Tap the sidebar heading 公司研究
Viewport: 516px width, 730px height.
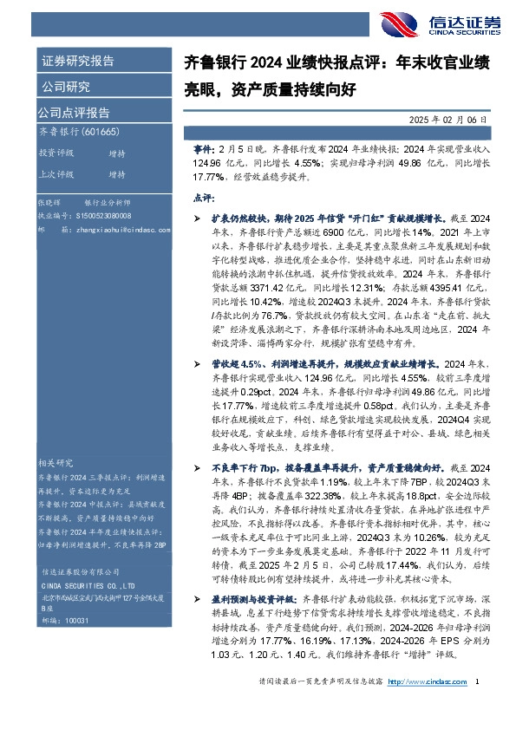point(64,87)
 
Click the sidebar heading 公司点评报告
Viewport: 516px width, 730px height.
point(74,112)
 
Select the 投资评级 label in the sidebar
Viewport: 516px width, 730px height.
point(56,153)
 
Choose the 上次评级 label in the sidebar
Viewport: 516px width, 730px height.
point(56,173)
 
